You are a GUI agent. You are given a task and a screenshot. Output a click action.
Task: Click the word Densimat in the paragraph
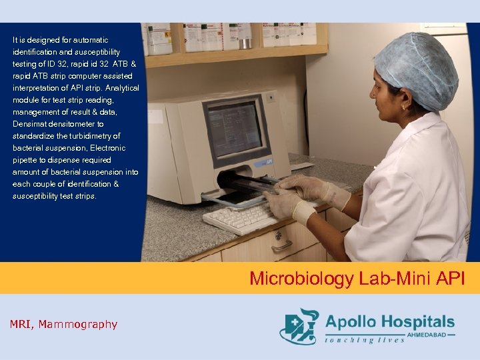(x=30, y=124)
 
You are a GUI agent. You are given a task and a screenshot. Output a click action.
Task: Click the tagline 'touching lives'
(x=365, y=340)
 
